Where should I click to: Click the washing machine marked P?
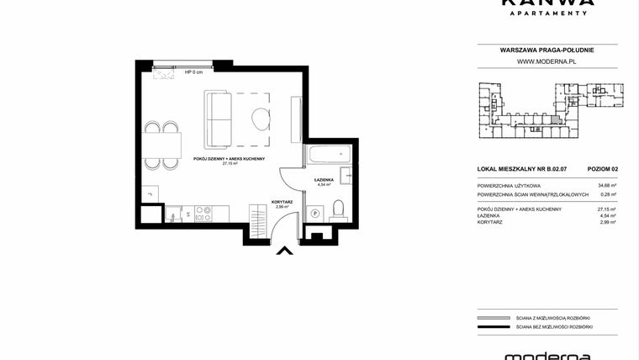click(x=315, y=214)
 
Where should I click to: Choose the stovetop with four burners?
click(x=203, y=214)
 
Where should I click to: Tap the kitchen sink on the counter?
click(x=173, y=215)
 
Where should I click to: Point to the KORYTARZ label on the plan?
click(x=282, y=202)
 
